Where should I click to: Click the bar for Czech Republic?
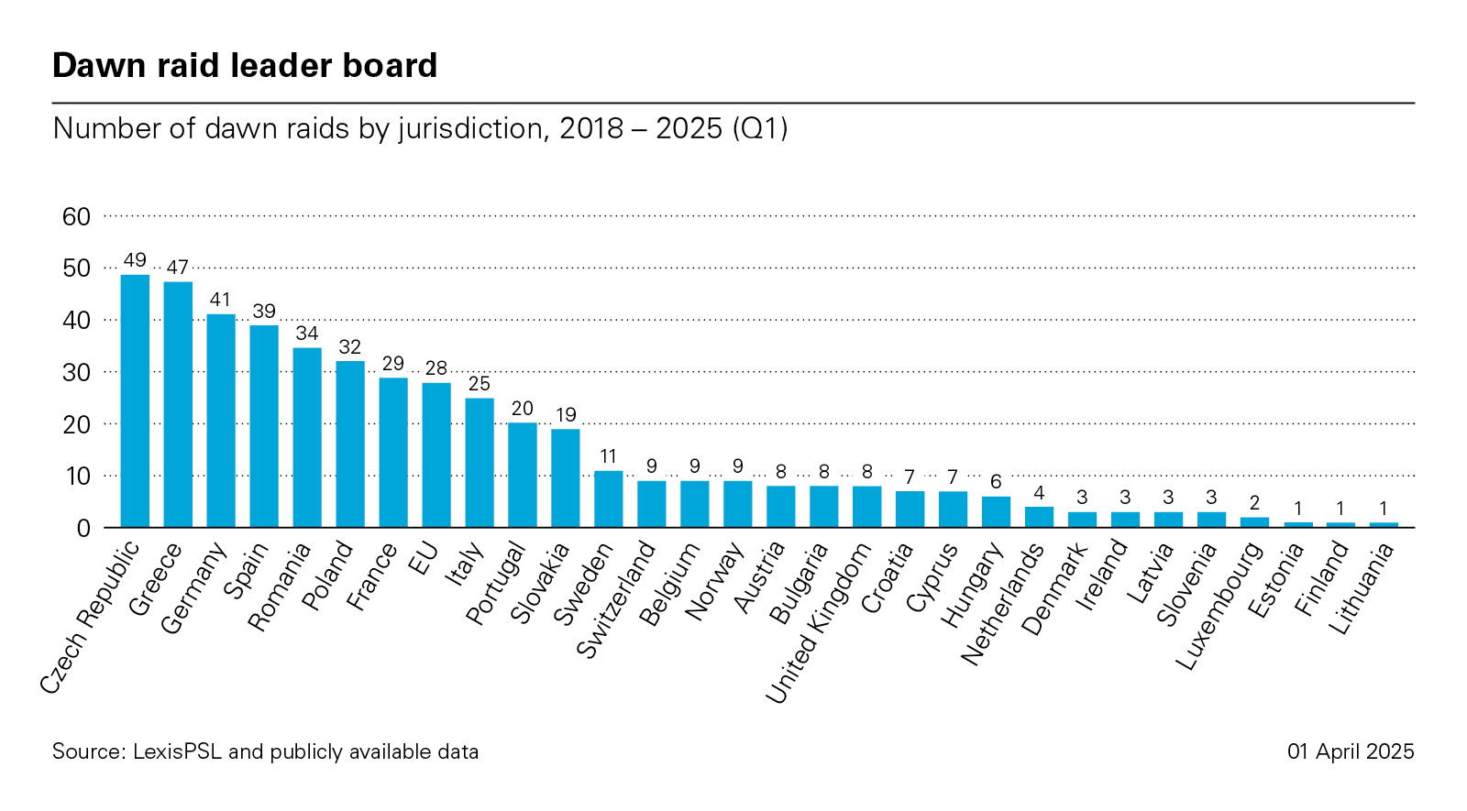pos(135,401)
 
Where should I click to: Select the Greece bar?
pos(178,405)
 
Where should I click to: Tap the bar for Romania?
pos(307,438)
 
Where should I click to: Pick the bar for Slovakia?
pos(566,478)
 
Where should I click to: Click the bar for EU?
pos(436,455)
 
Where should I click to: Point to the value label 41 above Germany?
pos(220,300)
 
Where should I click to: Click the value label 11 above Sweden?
pos(608,456)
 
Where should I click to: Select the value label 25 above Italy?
pos(480,383)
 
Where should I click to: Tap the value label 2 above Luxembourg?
pos(1254,503)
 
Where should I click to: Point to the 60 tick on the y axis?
pos(77,217)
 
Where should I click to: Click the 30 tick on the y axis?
pos(77,373)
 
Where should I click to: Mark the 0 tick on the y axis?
pos(83,529)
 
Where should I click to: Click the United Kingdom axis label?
pos(819,623)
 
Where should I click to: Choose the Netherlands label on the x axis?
pos(1002,605)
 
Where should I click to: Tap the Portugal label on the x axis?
pos(496,584)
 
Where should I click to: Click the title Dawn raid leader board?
pos(245,66)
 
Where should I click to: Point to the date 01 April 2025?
pos(1351,751)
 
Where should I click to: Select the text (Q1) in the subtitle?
pos(760,128)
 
